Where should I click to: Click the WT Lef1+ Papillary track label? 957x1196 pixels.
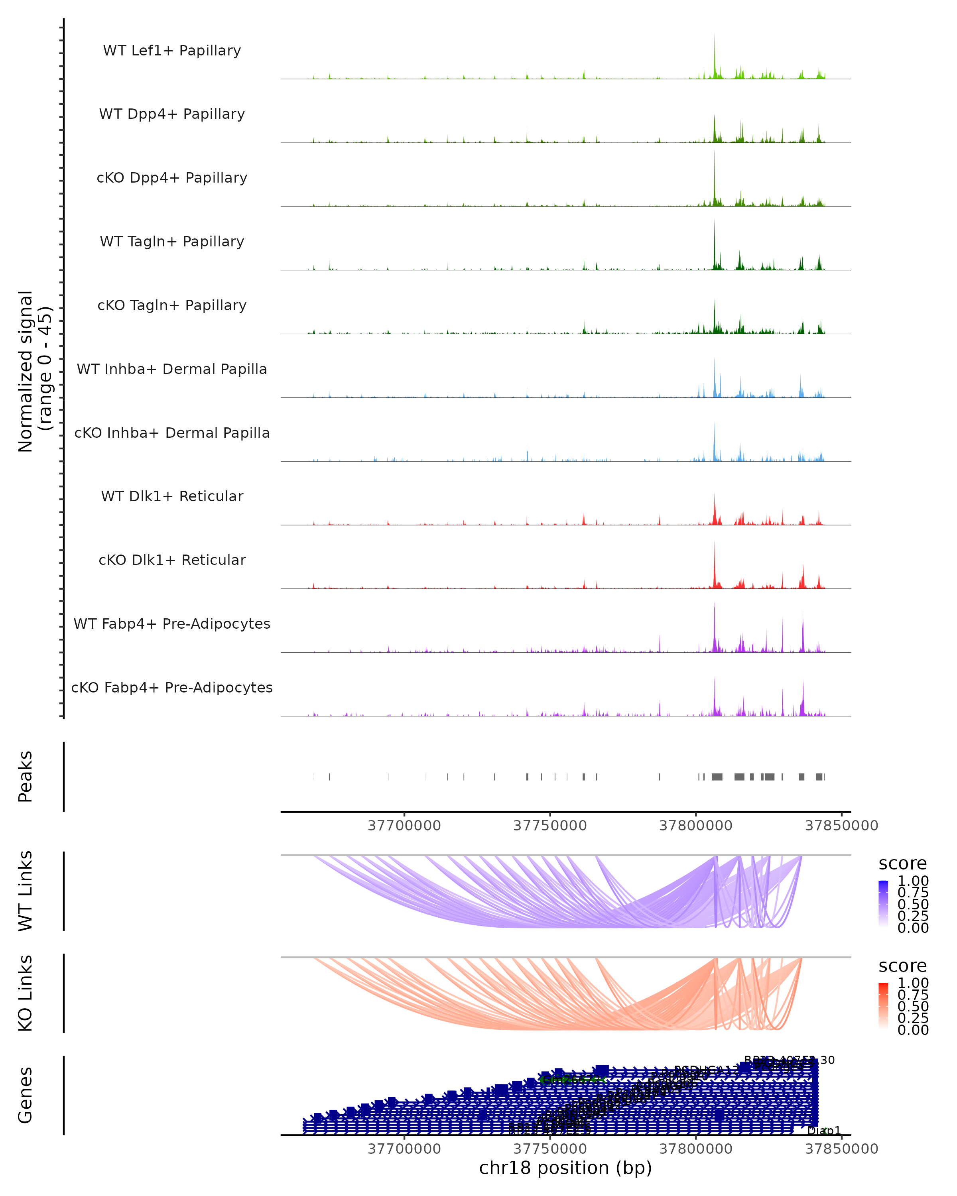pos(172,51)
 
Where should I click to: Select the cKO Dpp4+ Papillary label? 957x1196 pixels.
pos(172,178)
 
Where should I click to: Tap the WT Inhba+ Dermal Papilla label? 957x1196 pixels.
pos(172,370)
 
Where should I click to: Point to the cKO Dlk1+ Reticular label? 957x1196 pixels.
pos(172,560)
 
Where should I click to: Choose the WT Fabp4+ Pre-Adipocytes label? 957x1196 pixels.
pos(172,624)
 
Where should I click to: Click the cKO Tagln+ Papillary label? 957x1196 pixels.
pos(172,306)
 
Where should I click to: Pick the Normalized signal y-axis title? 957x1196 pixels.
pos(34,371)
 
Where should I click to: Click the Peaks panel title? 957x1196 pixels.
pos(26,776)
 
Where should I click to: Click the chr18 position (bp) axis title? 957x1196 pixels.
pos(565,1168)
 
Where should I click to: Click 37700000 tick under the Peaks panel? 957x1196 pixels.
pos(404,826)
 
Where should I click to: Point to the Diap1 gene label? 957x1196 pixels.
pos(824,1131)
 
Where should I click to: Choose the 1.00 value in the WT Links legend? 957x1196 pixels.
pos(913,881)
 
